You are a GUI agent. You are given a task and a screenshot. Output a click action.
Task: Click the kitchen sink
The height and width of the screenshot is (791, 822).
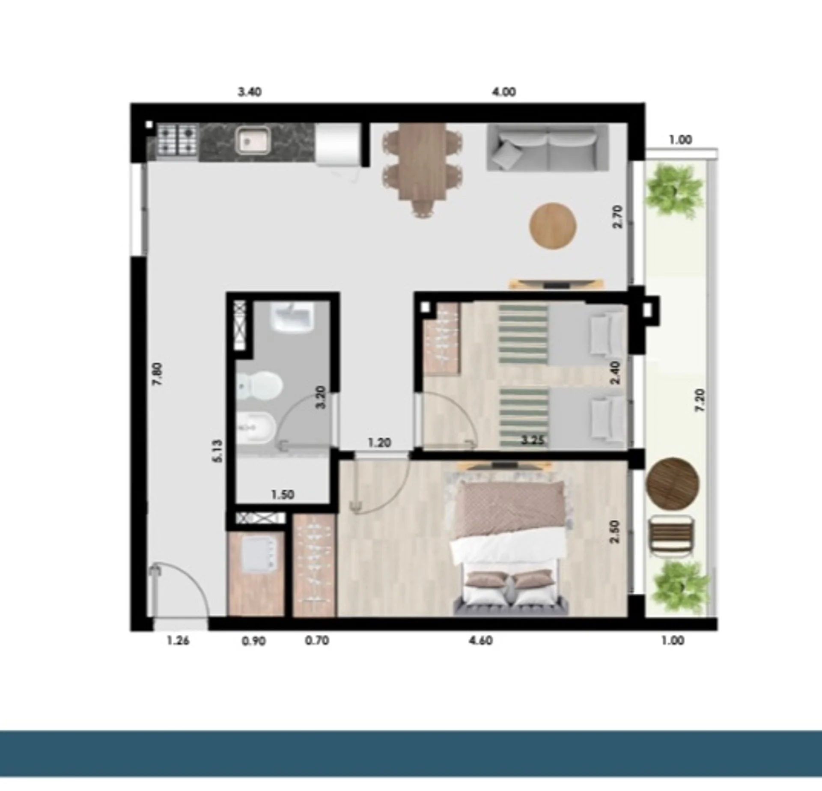(253, 140)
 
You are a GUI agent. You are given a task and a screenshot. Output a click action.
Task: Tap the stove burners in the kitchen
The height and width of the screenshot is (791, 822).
(177, 140)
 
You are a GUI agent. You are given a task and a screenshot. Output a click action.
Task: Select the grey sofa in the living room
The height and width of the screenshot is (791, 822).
(548, 147)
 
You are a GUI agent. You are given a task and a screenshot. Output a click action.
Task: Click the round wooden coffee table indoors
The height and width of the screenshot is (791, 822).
(553, 226)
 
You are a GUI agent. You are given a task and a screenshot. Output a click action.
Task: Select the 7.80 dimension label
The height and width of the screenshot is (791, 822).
(158, 374)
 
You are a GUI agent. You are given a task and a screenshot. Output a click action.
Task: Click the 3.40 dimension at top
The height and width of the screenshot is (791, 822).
(250, 92)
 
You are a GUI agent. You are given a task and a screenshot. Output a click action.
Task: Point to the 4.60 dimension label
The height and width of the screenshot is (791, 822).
(481, 641)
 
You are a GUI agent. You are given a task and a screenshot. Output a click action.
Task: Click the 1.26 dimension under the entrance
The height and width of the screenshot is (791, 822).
(178, 641)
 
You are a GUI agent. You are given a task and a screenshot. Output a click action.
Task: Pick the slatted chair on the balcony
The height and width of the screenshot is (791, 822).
(672, 536)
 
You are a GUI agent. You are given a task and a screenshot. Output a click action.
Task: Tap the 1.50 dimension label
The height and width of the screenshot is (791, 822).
(283, 495)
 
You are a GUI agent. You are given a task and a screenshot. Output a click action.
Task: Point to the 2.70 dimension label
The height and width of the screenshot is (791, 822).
(617, 217)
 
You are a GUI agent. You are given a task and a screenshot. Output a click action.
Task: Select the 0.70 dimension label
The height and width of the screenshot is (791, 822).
(317, 641)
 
